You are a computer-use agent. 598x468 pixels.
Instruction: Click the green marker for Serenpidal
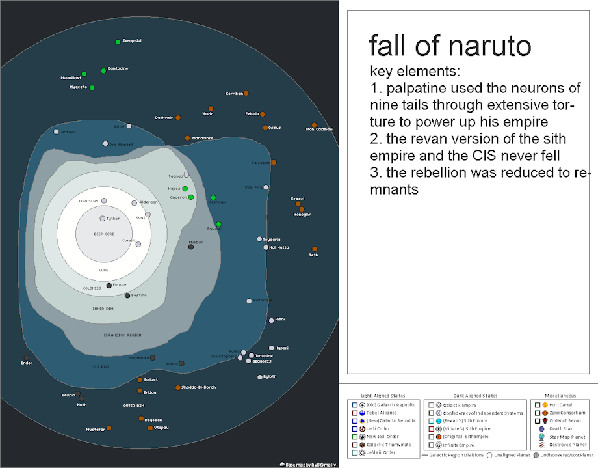(118, 42)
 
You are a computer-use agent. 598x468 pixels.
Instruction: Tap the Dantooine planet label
(118, 68)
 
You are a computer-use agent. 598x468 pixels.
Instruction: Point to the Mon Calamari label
(319, 129)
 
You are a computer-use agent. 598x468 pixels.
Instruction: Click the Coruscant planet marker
(104, 200)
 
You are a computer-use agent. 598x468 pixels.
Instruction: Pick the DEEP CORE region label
(104, 234)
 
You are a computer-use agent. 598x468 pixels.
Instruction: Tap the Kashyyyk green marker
(213, 197)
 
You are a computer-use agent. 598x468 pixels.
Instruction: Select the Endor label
(27, 363)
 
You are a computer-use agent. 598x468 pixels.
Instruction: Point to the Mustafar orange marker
(109, 428)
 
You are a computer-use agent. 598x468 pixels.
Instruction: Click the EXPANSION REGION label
(122, 335)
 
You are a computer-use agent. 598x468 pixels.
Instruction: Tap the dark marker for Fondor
(109, 286)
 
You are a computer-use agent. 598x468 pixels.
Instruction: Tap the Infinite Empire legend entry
(458, 445)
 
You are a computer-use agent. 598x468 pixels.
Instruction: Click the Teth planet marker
(314, 249)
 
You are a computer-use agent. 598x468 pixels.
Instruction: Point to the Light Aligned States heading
(383, 396)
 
